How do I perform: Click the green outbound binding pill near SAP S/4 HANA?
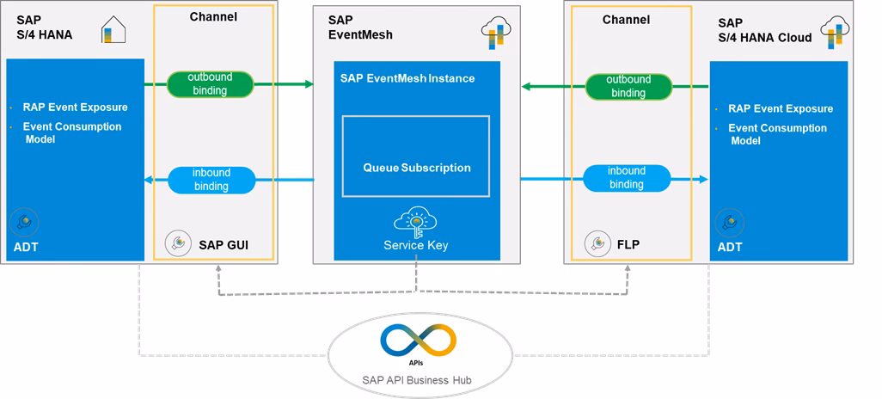(211, 84)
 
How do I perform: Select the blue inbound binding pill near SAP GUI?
(211, 180)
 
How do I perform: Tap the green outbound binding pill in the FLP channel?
(628, 86)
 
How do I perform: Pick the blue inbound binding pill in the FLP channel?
(628, 178)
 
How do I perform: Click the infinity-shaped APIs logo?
(418, 341)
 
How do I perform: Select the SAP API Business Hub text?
(417, 380)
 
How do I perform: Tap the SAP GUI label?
(224, 245)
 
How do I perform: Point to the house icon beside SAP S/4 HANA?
(113, 30)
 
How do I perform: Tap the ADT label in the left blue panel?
(26, 247)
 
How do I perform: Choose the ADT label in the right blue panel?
(730, 247)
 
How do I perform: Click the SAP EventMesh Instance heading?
(407, 78)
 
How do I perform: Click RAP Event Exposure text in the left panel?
(76, 107)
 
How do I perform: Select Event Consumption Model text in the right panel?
(777, 134)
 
